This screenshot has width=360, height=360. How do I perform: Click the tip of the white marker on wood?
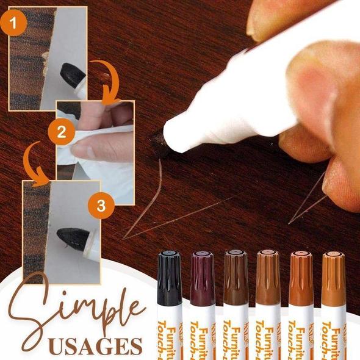point(160,142)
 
